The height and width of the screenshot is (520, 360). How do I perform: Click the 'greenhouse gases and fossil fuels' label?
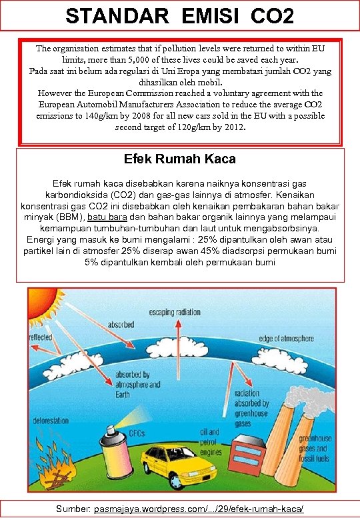315,448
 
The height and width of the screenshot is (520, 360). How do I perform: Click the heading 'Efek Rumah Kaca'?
179,159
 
